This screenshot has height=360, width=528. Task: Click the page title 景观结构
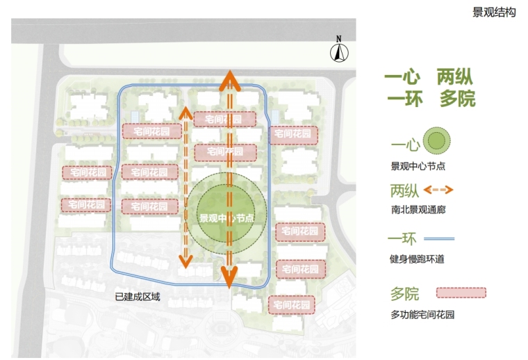pos(494,12)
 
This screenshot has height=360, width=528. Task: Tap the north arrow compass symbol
pos(339,51)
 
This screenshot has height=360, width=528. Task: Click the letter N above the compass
pos(339,38)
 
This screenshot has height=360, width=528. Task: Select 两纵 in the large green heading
pos(455,77)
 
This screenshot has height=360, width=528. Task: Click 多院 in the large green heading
pos(457,99)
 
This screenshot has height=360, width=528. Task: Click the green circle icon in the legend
pos(437,141)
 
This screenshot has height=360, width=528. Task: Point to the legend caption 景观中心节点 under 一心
pos(418,165)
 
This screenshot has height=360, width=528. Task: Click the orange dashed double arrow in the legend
pos(438,189)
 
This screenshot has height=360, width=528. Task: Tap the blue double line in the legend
pos(438,238)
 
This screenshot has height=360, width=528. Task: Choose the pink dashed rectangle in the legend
pos(461,293)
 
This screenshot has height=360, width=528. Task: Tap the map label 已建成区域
pos(138,297)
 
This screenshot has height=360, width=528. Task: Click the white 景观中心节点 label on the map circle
pos(226,218)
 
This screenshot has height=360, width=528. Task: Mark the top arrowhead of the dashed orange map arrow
pos(185,112)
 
